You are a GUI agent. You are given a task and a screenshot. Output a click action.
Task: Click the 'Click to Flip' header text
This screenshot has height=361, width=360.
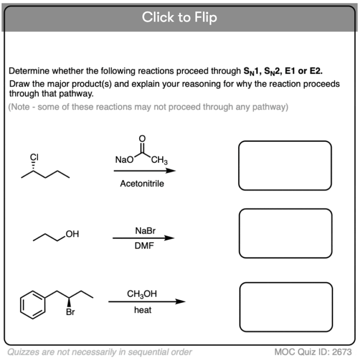pyautogui.click(x=180, y=17)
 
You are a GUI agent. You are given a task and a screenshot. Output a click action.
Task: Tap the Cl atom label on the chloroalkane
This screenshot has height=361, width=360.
pyautogui.click(x=33, y=158)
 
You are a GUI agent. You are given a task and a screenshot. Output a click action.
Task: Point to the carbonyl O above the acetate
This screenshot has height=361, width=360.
pyautogui.click(x=142, y=138)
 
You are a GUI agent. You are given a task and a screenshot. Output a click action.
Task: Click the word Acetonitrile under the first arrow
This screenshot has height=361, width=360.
pyautogui.click(x=142, y=184)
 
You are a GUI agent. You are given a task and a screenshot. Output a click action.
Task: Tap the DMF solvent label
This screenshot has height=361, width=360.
pyautogui.click(x=143, y=246)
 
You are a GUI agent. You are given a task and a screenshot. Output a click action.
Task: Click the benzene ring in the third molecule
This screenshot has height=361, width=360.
pyautogui.click(x=33, y=304)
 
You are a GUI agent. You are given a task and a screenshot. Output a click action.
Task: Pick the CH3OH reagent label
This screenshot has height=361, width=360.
pyautogui.click(x=142, y=294)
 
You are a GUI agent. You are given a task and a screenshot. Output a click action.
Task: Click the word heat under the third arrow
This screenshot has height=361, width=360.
pyautogui.click(x=142, y=310)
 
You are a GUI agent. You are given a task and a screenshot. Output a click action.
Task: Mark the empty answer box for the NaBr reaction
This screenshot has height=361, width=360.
pyautogui.click(x=285, y=233)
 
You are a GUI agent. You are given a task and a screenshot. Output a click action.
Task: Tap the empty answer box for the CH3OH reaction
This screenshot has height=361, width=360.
pyautogui.click(x=285, y=306)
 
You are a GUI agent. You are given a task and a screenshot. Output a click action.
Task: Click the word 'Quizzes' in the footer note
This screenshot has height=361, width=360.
pyautogui.click(x=22, y=352)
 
